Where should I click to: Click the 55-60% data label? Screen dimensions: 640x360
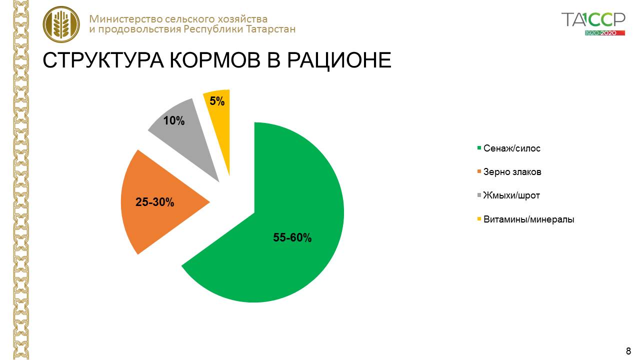click(292, 237)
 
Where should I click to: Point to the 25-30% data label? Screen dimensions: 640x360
click(154, 202)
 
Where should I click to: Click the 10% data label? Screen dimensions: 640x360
click(173, 120)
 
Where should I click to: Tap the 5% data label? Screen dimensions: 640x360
click(217, 101)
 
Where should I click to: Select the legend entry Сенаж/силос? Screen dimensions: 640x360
click(509, 148)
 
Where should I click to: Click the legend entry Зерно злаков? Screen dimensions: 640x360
click(509, 172)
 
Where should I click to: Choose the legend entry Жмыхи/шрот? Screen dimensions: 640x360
click(508, 195)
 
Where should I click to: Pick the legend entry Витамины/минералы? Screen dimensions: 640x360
click(525, 219)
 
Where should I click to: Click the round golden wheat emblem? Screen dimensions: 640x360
click(61, 24)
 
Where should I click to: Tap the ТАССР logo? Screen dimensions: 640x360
click(593, 20)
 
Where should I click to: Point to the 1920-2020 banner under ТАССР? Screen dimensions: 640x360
click(605, 33)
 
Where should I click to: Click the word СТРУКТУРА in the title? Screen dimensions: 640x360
click(103, 60)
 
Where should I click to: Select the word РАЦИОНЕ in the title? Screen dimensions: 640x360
click(339, 61)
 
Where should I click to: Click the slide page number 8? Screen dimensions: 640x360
click(628, 351)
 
